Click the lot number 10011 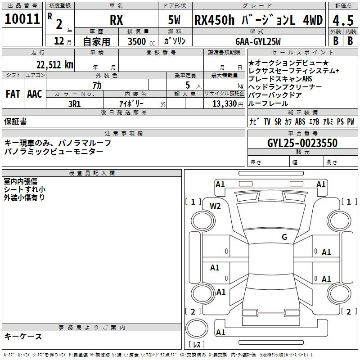22,19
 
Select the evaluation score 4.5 342,20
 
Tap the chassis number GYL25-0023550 302,143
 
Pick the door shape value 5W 175,20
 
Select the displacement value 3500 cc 139,41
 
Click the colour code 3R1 75,103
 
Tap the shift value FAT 13,94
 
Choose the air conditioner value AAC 34,94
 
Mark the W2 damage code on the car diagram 216,206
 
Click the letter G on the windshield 284,237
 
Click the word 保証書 15,121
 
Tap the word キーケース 23,336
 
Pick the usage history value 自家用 96,41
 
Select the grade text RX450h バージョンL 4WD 258,20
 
